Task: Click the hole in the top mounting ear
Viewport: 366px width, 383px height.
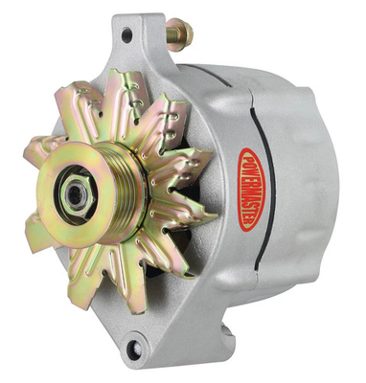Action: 127,35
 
